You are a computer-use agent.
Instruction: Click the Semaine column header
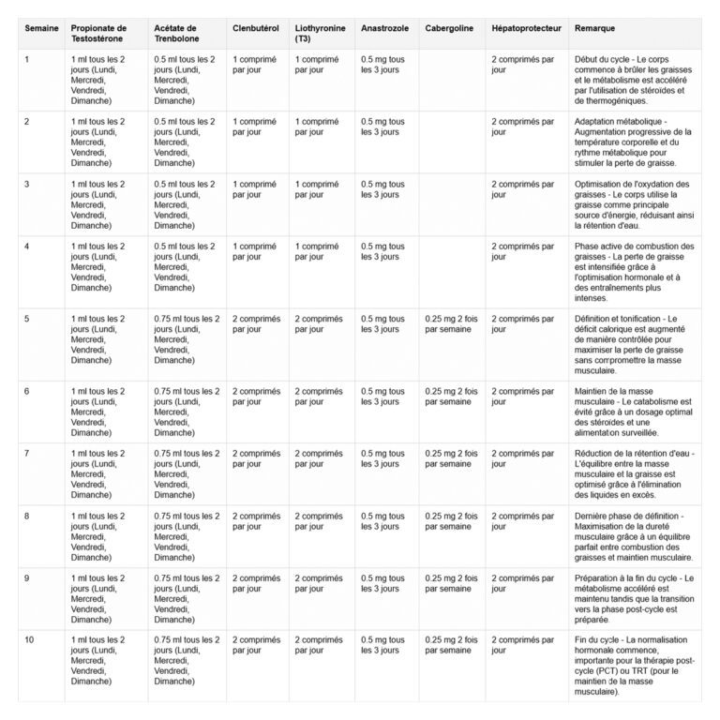pyautogui.click(x=40, y=29)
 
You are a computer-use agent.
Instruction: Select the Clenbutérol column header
pyautogui.click(x=256, y=29)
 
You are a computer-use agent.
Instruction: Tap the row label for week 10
pyautogui.click(x=29, y=639)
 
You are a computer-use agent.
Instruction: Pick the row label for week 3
pyautogui.click(x=27, y=184)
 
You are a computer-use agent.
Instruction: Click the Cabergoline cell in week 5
pyautogui.click(x=451, y=323)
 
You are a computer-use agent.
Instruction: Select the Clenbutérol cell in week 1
pyautogui.click(x=255, y=65)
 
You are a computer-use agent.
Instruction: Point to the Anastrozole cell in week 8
pyautogui.click(x=382, y=521)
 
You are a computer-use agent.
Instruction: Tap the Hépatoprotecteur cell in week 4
pyautogui.click(x=522, y=251)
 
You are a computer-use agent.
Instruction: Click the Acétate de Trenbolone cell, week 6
pyautogui.click(x=187, y=412)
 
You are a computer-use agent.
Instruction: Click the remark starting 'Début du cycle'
pyautogui.click(x=635, y=80)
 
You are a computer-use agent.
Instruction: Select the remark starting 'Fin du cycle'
pyautogui.click(x=635, y=665)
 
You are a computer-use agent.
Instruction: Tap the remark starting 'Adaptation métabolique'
pyautogui.click(x=635, y=142)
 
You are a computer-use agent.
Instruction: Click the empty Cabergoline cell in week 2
pyautogui.click(x=451, y=142)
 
